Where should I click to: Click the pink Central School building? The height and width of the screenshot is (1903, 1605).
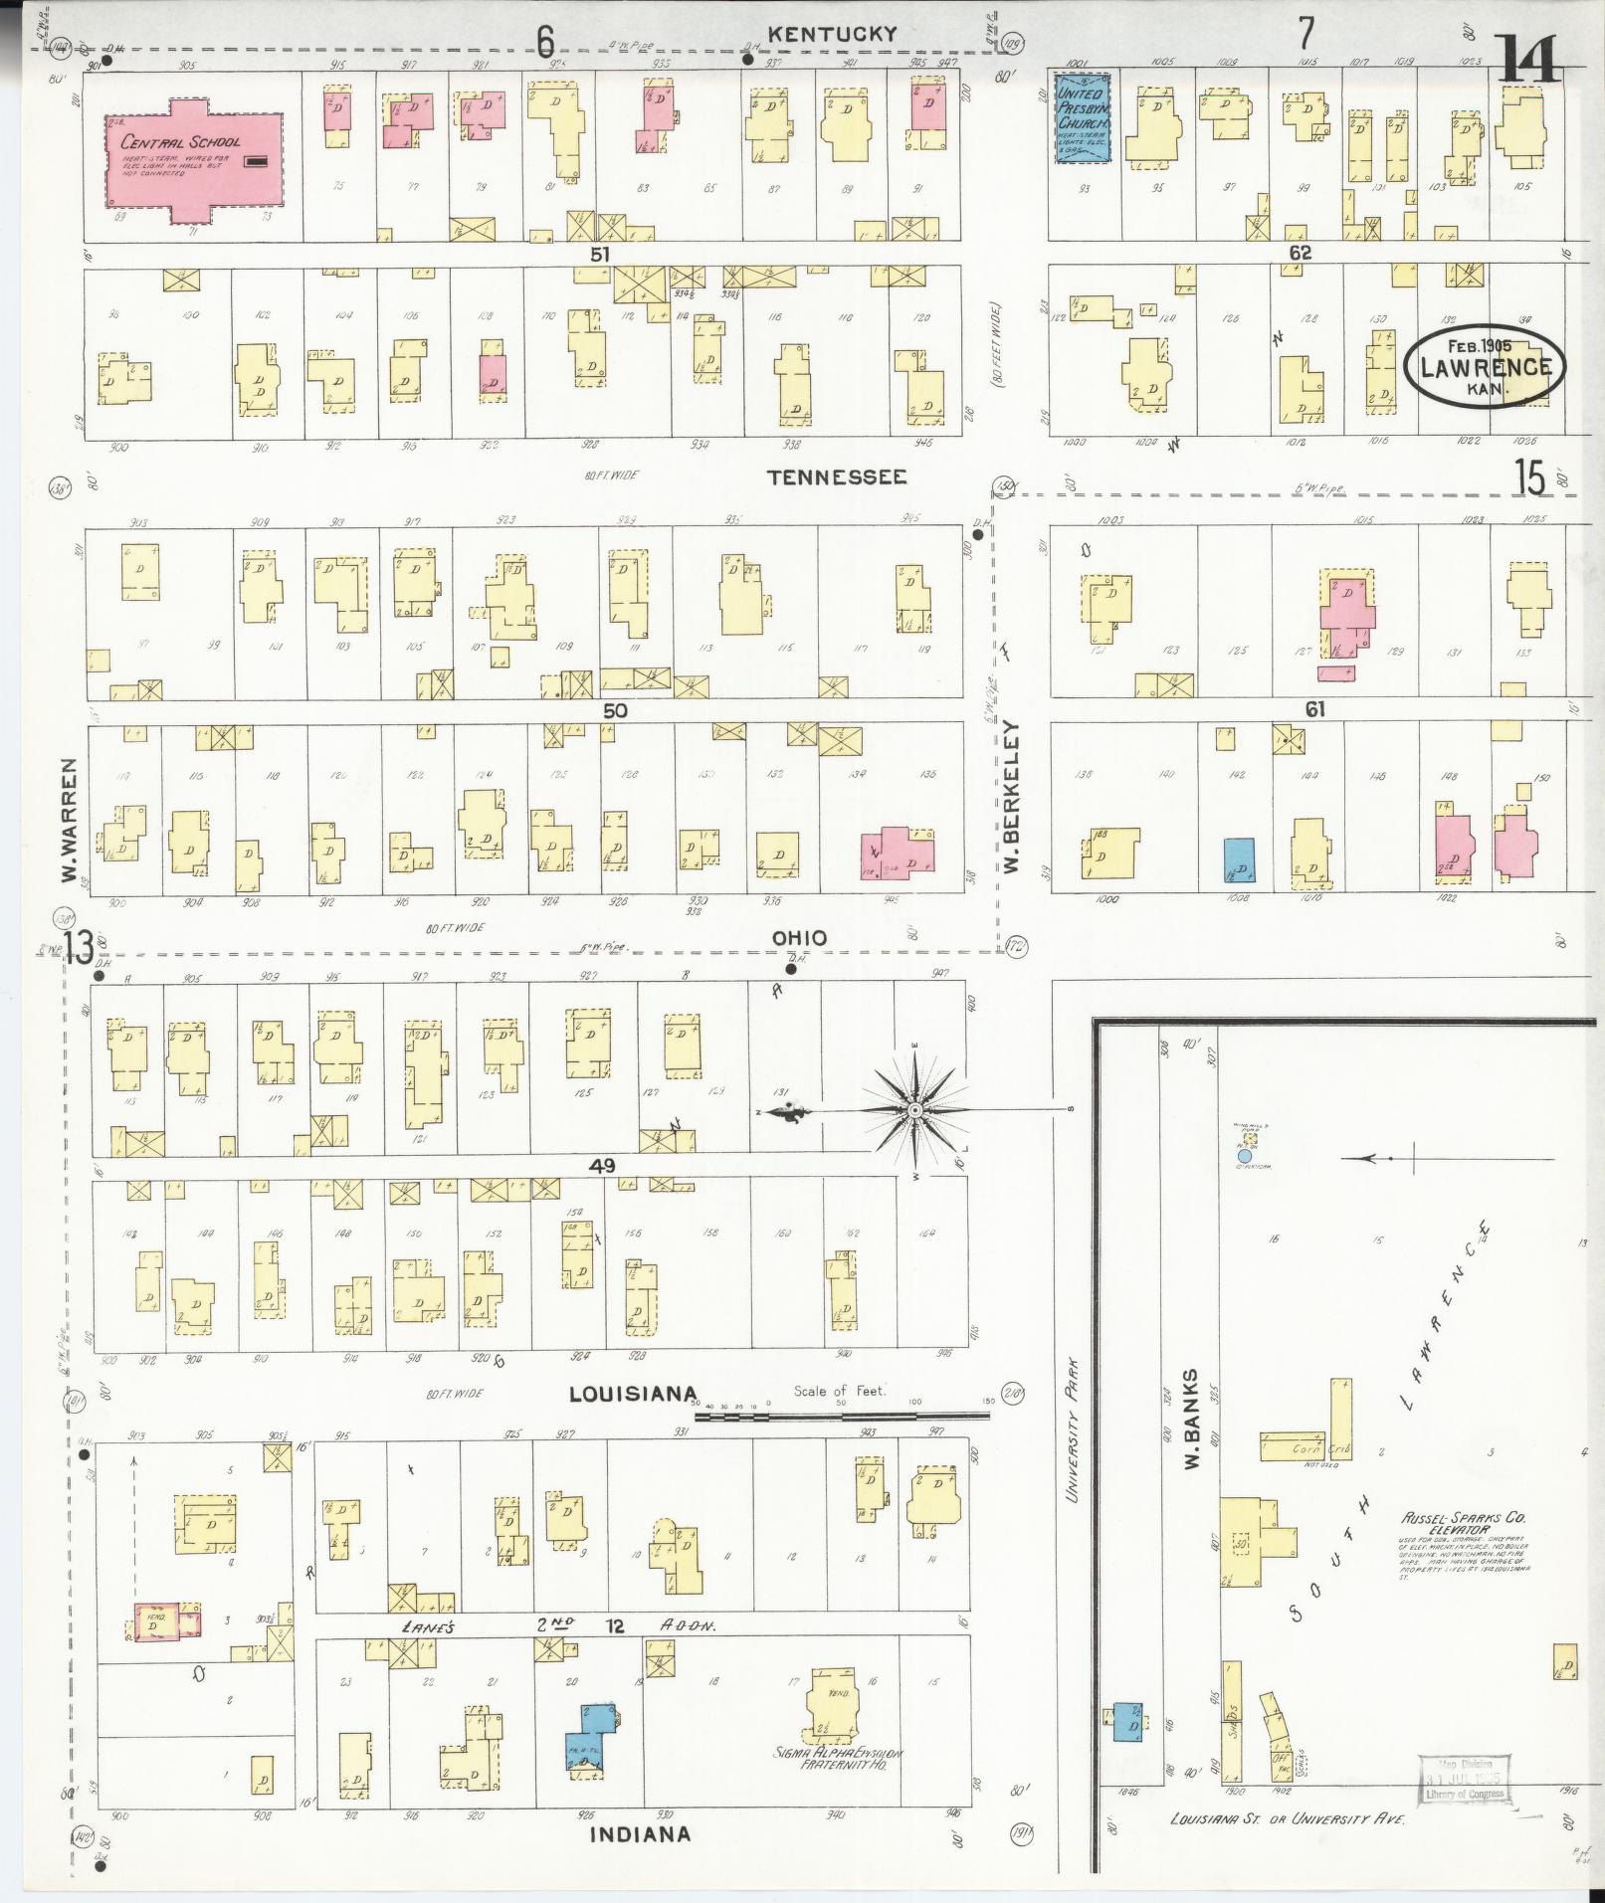coord(195,159)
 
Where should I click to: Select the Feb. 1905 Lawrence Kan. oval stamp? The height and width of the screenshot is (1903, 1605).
coord(1485,367)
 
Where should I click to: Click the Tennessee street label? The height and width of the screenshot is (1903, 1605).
coord(837,477)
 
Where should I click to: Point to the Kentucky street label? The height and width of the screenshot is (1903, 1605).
coord(833,34)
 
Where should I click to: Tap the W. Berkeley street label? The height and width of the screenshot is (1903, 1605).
coord(1014,798)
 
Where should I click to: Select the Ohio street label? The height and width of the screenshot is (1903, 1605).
coord(798,937)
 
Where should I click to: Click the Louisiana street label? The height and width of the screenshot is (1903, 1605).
coord(632,1394)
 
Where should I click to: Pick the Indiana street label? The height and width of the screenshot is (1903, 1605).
coord(640,1833)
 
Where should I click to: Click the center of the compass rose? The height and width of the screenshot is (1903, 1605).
coord(913,1109)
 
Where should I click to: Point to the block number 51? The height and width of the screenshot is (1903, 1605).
coord(599,255)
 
